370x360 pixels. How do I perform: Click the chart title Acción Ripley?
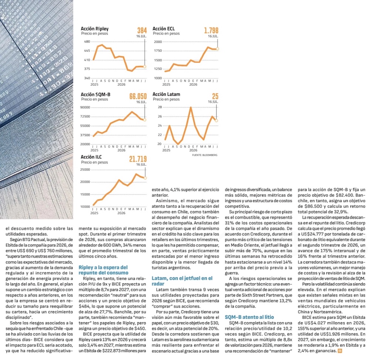pyautogui.click(x=95, y=29)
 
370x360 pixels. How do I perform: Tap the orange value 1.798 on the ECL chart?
pyautogui.click(x=211, y=30)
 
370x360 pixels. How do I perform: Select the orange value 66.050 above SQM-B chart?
pyautogui.click(x=138, y=96)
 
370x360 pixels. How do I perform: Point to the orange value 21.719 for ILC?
pyautogui.click(x=138, y=159)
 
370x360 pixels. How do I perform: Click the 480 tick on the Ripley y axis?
pyautogui.click(x=87, y=42)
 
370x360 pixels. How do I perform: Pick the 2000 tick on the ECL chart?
pyautogui.click(x=158, y=42)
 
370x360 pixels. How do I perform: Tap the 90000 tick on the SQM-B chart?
pyautogui.click(x=85, y=107)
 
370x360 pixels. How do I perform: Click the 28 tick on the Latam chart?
pyautogui.click(x=160, y=107)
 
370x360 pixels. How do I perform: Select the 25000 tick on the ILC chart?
pyautogui.click(x=85, y=169)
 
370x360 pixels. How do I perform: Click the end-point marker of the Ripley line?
pyautogui.click(x=145, y=67)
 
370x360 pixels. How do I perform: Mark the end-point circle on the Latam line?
pyautogui.click(x=216, y=121)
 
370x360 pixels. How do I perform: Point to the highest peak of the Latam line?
pyautogui.click(x=191, y=107)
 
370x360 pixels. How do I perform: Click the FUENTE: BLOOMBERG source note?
pyautogui.click(x=205, y=155)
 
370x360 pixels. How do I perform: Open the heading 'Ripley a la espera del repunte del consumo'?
pyautogui.click(x=103, y=270)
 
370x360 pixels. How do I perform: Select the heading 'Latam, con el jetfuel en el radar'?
pyautogui.click(x=182, y=281)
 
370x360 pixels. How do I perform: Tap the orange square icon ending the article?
pyautogui.click(x=340, y=351)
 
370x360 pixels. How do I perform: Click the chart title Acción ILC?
pyautogui.click(x=91, y=157)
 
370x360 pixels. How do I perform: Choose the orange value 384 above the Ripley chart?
pyautogui.click(x=142, y=30)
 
